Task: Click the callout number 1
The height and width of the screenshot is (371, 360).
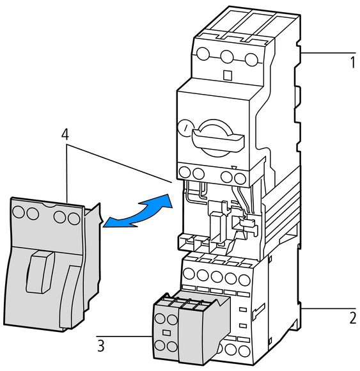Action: click(x=352, y=62)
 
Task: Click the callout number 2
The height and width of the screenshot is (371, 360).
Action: click(x=353, y=318)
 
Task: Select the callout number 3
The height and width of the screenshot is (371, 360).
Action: click(x=101, y=346)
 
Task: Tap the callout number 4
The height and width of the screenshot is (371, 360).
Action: click(x=65, y=134)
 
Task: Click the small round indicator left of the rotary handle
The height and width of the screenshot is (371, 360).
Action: click(x=185, y=129)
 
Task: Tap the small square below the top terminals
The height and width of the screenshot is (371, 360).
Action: click(x=228, y=75)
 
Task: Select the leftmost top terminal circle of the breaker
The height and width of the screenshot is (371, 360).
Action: click(x=203, y=54)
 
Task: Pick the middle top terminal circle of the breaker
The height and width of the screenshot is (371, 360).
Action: click(x=227, y=56)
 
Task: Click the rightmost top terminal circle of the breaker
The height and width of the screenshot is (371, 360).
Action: click(x=251, y=59)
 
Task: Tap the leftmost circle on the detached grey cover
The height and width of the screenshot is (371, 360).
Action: click(x=19, y=212)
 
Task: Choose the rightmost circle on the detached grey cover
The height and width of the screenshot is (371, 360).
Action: click(x=74, y=218)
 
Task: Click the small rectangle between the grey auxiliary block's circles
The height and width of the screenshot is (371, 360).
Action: click(x=166, y=333)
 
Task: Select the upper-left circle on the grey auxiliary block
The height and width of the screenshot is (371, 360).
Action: click(x=160, y=319)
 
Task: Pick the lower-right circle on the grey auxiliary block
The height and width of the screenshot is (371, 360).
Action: click(x=172, y=346)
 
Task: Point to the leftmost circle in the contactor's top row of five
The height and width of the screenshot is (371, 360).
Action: click(x=189, y=274)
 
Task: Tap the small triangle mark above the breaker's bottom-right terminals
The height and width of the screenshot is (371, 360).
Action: click(x=233, y=168)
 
